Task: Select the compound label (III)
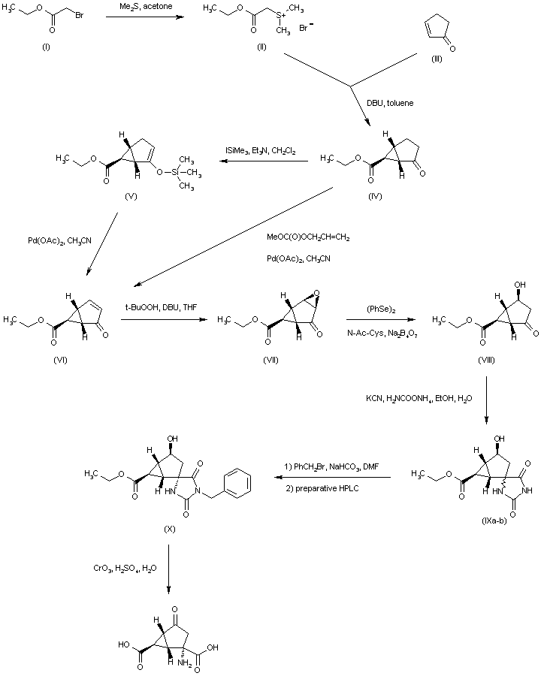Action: coord(437,59)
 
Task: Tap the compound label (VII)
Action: coord(270,360)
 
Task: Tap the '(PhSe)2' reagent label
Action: coord(379,308)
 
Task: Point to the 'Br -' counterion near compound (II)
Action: coord(307,29)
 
